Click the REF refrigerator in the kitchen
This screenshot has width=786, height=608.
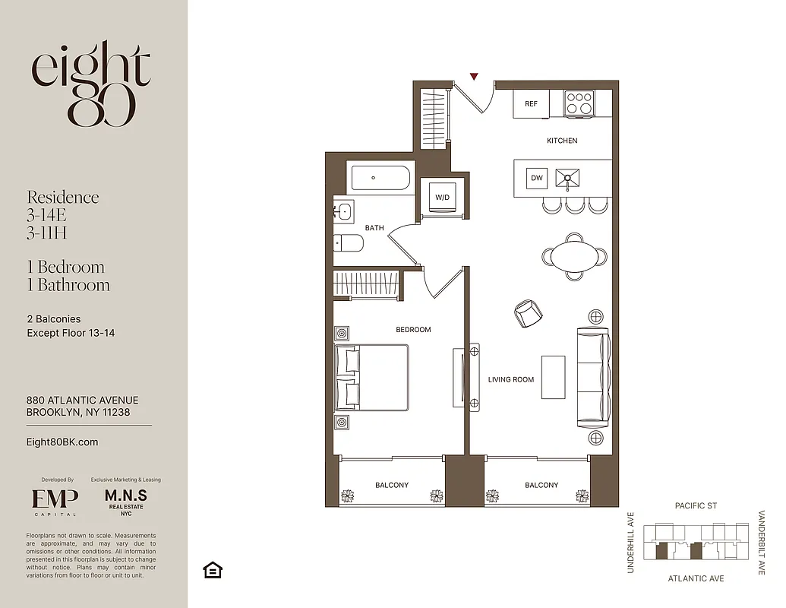point(531,104)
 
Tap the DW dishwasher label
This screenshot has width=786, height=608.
point(537,179)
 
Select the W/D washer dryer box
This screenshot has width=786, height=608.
point(441,198)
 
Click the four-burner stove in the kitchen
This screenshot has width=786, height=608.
point(579,103)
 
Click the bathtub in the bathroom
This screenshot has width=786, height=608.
point(380,179)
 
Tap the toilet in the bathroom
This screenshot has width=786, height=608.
point(349,243)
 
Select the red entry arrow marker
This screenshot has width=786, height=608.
point(474,76)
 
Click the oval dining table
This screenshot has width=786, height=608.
point(573,255)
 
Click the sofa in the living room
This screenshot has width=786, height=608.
point(593,378)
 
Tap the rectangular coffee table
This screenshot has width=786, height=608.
point(553,377)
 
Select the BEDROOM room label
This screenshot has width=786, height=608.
point(413,330)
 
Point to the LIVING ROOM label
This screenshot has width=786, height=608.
point(510,379)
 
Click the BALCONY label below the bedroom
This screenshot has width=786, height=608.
point(392,485)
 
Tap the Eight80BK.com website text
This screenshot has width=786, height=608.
point(62,442)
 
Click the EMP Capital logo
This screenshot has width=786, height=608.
point(54,499)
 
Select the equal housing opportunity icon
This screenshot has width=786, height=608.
point(213,570)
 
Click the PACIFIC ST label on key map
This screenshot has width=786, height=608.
point(696,506)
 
